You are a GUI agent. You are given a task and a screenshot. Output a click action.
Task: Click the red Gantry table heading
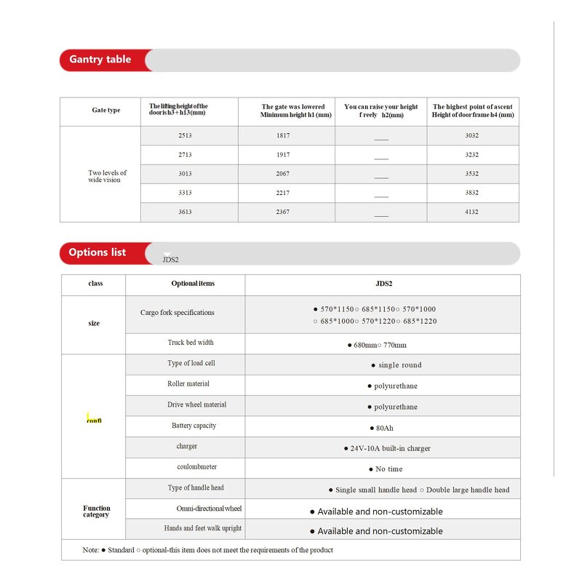[100, 60]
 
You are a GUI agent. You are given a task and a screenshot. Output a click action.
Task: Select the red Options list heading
[97, 252]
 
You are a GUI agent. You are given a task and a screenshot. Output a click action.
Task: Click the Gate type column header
[106, 111]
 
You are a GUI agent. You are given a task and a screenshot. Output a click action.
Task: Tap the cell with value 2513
[185, 136]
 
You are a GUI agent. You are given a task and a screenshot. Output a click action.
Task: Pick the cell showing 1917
[283, 155]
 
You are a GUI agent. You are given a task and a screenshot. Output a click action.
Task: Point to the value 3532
[471, 174]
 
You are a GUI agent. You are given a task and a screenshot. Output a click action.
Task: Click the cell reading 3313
[185, 193]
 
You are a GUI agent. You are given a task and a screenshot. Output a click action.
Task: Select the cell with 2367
[283, 212]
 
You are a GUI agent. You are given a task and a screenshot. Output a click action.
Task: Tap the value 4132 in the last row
[471, 212]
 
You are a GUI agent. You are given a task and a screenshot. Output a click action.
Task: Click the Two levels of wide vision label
[108, 176]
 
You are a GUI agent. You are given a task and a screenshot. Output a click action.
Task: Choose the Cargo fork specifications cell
[178, 313]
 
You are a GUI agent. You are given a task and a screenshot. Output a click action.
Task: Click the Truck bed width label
[191, 343]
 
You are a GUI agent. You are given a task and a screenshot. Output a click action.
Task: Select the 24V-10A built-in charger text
[387, 448]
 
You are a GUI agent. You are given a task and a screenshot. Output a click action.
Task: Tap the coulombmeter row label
[196, 467]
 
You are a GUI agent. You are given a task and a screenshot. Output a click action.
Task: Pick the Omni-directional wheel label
[209, 509]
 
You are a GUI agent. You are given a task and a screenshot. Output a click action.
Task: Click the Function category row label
[96, 511]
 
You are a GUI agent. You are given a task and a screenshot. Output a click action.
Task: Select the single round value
[396, 365]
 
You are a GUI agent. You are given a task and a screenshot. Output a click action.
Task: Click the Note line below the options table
[208, 550]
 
